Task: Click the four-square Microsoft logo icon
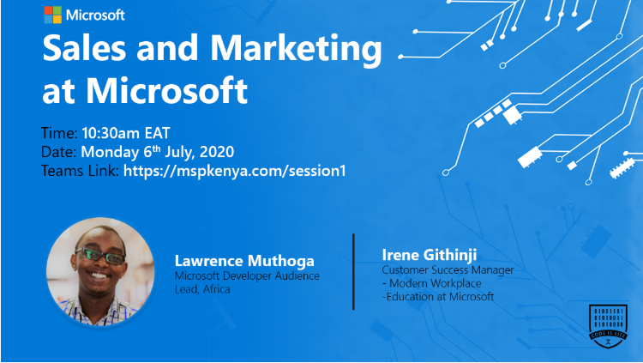52,15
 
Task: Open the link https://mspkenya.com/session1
234,171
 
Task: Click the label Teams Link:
80,171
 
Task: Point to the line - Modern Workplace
429,283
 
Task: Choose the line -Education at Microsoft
438,297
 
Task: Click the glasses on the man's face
101,255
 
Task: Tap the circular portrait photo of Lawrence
100,269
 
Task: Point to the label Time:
59,133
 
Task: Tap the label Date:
58,152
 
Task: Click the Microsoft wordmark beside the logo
95,15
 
